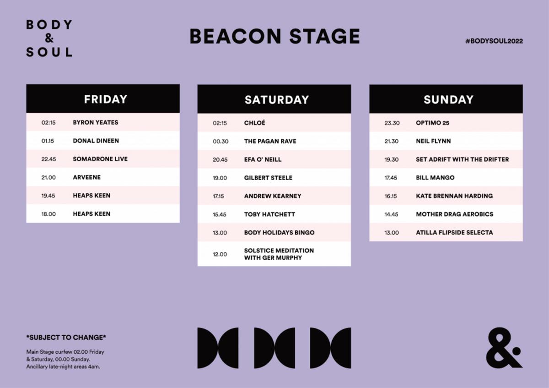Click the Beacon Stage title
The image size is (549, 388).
[275, 36]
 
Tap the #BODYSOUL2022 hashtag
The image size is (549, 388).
[494, 41]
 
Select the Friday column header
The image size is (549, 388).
[105, 99]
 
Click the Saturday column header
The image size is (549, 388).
[276, 100]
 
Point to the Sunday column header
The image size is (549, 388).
[448, 100]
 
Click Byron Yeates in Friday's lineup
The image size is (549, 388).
[95, 122]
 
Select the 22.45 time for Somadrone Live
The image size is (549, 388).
[48, 159]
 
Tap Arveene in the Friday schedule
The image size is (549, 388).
[86, 177]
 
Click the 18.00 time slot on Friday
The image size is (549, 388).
[48, 214]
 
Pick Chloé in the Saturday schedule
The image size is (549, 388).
[254, 123]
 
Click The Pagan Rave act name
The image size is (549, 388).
[270, 141]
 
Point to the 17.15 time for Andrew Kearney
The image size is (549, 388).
[218, 196]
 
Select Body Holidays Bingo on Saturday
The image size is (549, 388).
[279, 232]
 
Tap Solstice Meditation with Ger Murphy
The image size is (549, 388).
[279, 254]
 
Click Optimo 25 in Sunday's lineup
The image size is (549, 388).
[432, 123]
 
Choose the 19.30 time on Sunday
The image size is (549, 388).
[392, 159]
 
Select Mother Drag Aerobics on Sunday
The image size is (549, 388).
[454, 214]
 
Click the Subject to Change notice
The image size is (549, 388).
[66, 338]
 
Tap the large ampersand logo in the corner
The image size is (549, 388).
[504, 348]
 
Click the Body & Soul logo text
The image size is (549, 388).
[49, 38]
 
